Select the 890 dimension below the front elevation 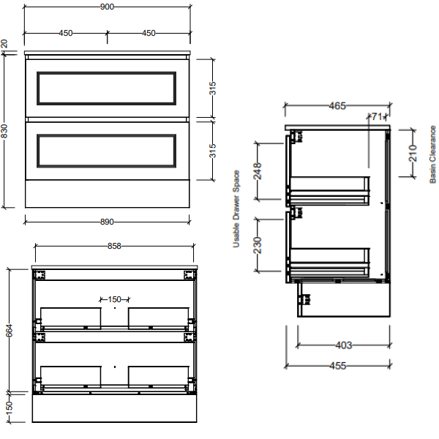point(108,222)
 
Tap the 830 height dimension point(5,131)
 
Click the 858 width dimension point(114,247)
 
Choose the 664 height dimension point(10,330)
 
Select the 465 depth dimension point(337,106)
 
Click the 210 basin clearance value point(413,153)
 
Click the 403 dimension point(343,345)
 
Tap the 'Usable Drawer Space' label point(236,209)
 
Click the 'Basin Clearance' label point(432,154)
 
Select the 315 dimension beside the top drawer point(213,89)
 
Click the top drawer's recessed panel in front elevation point(107,88)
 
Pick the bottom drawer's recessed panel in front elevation point(107,150)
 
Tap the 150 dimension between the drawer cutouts point(114,299)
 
